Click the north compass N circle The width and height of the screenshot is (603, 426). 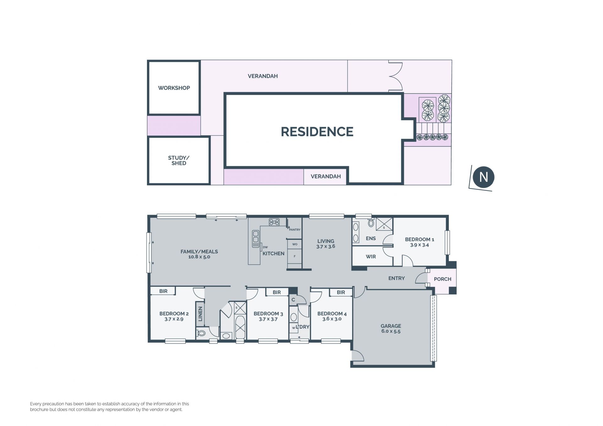(x=483, y=177)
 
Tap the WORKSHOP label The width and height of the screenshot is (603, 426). (x=174, y=88)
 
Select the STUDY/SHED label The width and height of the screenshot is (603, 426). (x=179, y=160)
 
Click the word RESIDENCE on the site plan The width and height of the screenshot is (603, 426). (x=317, y=132)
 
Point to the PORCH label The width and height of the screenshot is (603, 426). (x=443, y=279)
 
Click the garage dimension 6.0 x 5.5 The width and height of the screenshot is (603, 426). (x=391, y=331)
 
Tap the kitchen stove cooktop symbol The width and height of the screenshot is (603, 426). (x=274, y=222)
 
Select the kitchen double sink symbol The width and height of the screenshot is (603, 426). (x=256, y=239)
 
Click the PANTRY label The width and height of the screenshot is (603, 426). (x=295, y=230)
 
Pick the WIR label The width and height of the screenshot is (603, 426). (x=371, y=256)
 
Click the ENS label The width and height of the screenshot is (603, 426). (x=371, y=238)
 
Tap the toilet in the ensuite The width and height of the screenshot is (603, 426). (x=371, y=223)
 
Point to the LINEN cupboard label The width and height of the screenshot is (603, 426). (x=200, y=314)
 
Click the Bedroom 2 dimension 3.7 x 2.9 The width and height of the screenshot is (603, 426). (x=174, y=319)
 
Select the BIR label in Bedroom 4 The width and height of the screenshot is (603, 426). (x=341, y=292)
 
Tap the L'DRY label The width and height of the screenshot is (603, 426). (x=302, y=327)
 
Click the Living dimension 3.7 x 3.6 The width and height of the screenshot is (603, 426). (x=326, y=246)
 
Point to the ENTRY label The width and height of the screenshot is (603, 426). (x=397, y=278)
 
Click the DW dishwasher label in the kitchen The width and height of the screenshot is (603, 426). (x=265, y=247)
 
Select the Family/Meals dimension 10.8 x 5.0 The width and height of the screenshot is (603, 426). (x=199, y=257)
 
